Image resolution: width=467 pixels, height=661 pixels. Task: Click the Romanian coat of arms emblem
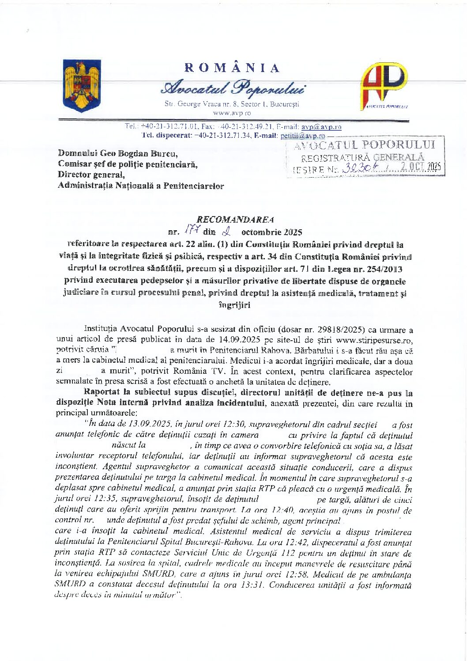pos(82,85)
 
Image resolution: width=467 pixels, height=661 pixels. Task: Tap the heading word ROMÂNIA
pos(232,68)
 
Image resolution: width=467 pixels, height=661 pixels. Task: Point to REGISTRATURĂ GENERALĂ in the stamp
pos(363,157)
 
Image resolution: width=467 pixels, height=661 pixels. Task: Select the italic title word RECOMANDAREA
pos(235,220)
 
